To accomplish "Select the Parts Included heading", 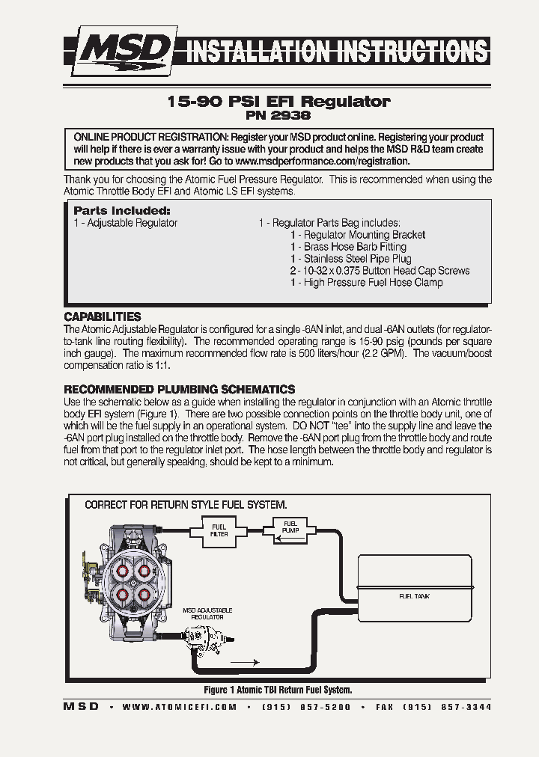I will (122, 211).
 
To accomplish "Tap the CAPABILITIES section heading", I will (103, 316).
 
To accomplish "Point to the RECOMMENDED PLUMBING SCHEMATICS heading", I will (180, 390).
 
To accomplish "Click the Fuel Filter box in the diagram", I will (219, 530).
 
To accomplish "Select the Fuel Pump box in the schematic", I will (289, 527).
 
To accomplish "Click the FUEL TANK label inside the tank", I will (414, 596).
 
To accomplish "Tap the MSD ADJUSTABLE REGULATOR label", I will (207, 614).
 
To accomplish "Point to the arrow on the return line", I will (245, 662).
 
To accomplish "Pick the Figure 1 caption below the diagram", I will (278, 690).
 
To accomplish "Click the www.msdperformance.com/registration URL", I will (322, 161).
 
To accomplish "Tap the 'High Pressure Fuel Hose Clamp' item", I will (373, 283).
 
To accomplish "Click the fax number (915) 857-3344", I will (446, 707).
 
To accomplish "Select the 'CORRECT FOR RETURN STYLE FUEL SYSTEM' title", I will (186, 505).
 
